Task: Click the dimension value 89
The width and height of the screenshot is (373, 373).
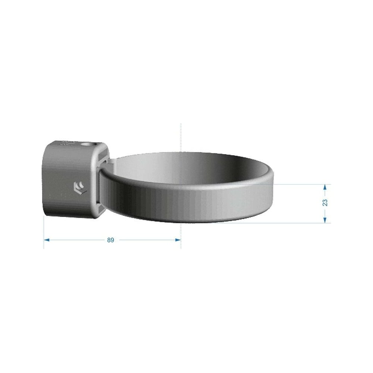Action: (x=111, y=240)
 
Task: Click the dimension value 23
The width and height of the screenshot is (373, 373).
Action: (x=325, y=203)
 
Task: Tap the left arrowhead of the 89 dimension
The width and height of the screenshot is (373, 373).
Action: (x=47, y=240)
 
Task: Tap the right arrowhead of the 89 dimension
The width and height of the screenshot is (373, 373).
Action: (x=178, y=240)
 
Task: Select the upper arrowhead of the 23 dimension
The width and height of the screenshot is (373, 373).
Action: (x=325, y=187)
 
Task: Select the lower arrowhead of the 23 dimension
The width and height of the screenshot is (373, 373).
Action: (x=325, y=220)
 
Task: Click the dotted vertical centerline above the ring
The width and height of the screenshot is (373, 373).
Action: (x=181, y=138)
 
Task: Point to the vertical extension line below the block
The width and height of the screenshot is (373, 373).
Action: (x=44, y=232)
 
